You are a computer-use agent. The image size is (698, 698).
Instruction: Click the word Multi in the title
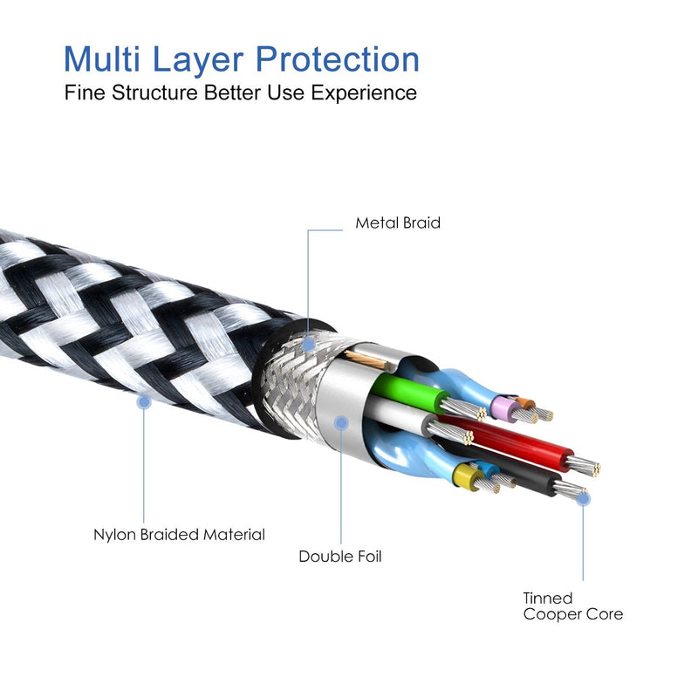click(102, 58)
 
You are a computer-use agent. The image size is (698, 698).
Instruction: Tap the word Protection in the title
click(338, 58)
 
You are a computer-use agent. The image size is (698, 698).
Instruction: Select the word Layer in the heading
click(198, 61)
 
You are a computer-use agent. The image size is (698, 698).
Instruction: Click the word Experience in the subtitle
click(364, 93)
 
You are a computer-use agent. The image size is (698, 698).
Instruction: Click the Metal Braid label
click(398, 222)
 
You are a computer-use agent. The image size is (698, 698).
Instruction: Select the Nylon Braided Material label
click(179, 534)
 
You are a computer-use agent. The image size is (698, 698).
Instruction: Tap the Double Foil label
click(340, 556)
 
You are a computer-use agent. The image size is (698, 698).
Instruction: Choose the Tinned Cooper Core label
click(573, 606)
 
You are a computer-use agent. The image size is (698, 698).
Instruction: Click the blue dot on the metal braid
click(308, 344)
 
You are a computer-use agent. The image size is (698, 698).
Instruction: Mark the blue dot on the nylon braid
click(144, 402)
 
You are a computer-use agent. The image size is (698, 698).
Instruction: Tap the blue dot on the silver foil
click(341, 422)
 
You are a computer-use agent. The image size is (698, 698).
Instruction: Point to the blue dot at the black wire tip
click(583, 498)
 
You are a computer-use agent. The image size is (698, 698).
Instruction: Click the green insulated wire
click(407, 391)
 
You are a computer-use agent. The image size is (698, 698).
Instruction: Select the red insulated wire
click(508, 441)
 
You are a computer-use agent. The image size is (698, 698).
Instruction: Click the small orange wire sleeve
click(526, 404)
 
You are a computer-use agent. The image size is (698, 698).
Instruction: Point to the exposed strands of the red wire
click(584, 466)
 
